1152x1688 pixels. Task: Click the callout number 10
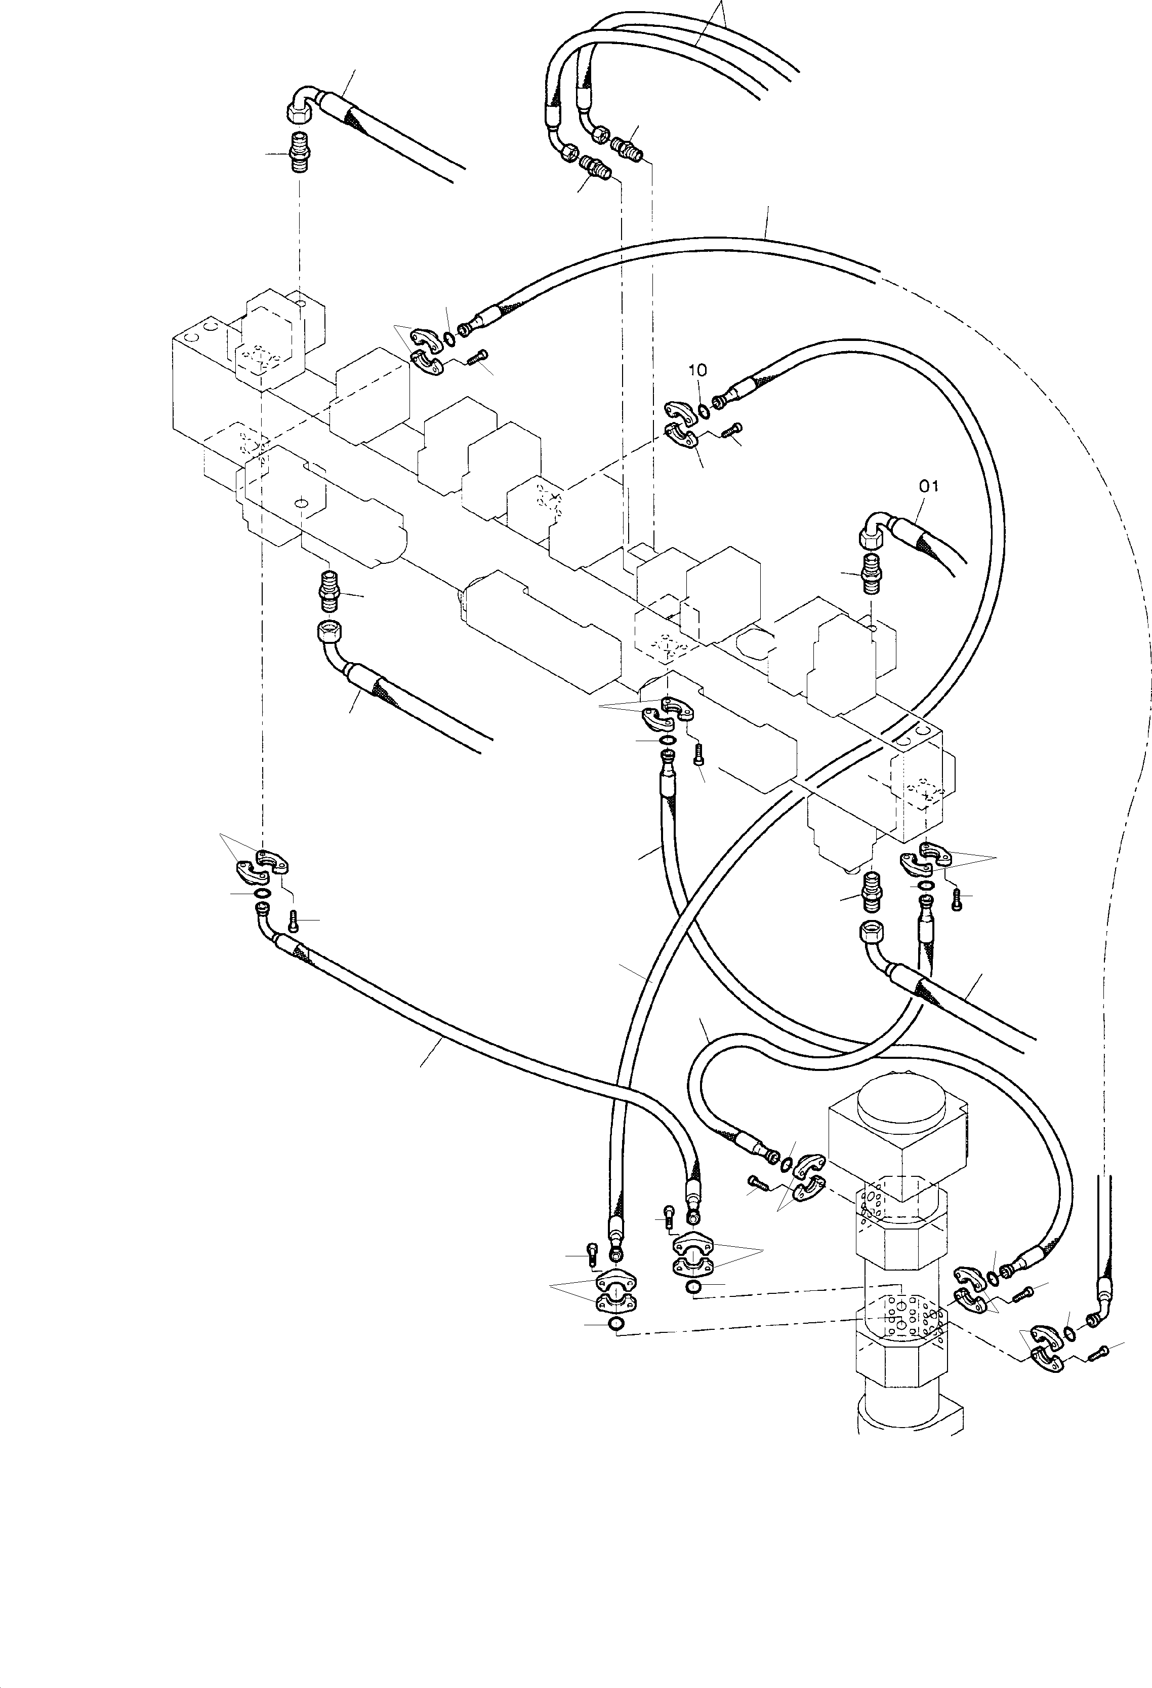click(697, 370)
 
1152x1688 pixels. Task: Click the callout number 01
click(928, 486)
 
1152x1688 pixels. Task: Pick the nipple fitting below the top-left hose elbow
click(300, 152)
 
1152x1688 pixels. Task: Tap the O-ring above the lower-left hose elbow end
click(263, 893)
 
